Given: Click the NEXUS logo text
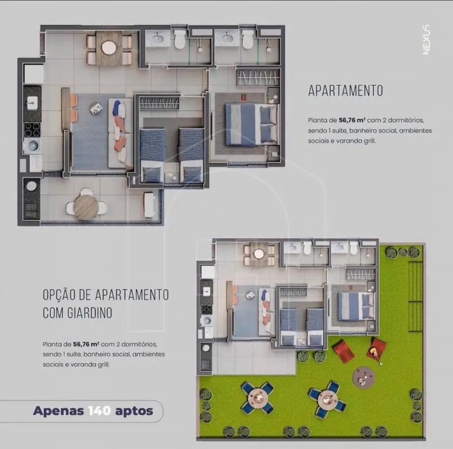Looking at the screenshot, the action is (x=426, y=39).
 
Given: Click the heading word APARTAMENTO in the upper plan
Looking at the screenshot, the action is (x=346, y=91).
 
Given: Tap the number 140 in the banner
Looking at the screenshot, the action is (x=99, y=410).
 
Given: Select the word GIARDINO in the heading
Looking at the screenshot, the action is (x=90, y=313).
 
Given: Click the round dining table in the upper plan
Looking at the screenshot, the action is (x=109, y=48).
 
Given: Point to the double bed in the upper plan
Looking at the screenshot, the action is (x=251, y=125).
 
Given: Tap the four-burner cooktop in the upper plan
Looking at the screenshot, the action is (x=32, y=129).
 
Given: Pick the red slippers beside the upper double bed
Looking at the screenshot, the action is (x=244, y=97).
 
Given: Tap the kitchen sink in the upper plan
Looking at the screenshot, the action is (x=32, y=102).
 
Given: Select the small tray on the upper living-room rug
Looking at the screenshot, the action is (x=96, y=108).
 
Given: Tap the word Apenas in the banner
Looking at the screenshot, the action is (x=58, y=411).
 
